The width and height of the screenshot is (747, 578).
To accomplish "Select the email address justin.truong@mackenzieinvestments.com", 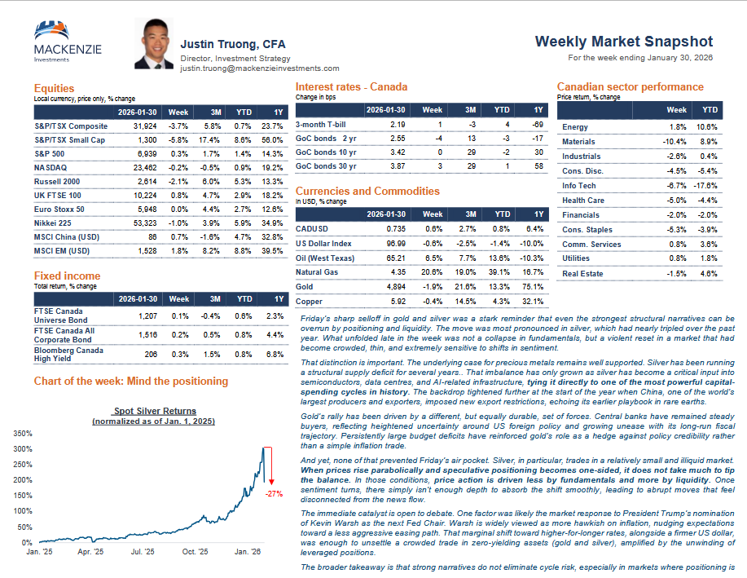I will tap(260, 68).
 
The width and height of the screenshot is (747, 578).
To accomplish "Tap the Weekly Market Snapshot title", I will tap(624, 42).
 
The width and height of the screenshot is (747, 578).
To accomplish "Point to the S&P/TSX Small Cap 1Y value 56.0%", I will tap(272, 139).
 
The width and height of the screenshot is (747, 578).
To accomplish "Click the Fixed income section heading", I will tap(68, 276).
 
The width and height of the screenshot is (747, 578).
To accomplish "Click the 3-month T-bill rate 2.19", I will tap(398, 124).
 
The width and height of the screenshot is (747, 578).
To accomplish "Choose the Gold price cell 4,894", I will tap(393, 286).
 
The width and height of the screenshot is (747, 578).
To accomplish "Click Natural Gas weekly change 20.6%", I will tap(433, 271).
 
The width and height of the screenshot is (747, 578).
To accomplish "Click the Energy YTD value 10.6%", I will tap(707, 127).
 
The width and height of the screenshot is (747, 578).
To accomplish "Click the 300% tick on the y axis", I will tap(24, 448).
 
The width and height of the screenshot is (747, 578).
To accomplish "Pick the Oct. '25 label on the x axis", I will tap(196, 552).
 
